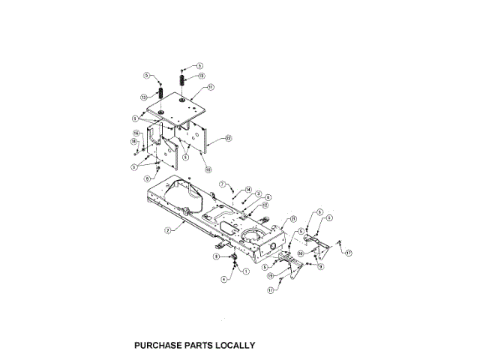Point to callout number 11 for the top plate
[211, 87]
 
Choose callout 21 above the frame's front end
[284, 218]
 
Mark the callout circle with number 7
[223, 184]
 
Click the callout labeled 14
[248, 190]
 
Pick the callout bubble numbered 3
[258, 194]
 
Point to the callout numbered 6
[268, 197]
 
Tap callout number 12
[265, 205]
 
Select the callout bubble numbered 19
[271, 275]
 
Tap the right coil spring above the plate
[181, 80]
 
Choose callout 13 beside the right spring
[201, 76]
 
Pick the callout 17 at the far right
[349, 253]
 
